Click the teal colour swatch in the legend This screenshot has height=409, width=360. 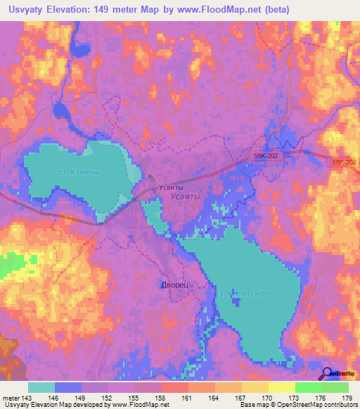41,387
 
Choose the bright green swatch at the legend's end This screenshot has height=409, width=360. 335,387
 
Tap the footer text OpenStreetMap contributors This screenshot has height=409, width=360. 314,405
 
